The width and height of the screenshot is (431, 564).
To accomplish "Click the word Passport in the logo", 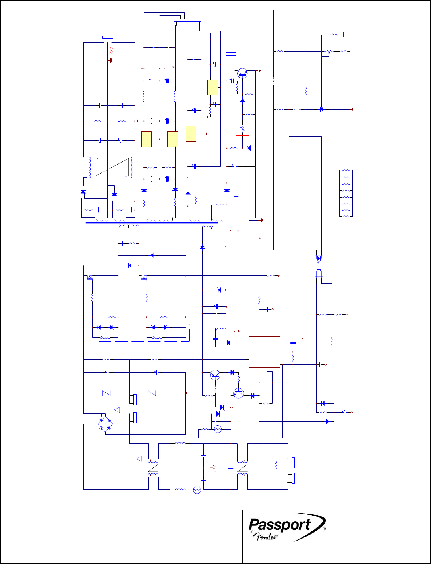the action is pos(280,525).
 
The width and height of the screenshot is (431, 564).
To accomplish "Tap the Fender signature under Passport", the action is pos(265,537).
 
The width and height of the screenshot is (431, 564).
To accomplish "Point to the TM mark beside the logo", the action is pos(324,529).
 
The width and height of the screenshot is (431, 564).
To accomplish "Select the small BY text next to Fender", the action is pos(252,531).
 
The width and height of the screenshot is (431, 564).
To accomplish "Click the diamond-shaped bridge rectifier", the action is pos(105,424).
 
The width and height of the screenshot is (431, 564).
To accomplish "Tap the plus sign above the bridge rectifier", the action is pos(101,415).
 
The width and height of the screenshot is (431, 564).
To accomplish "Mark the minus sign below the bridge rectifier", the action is pos(101,433).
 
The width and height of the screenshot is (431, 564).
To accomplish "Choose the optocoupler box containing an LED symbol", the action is pos(319,266).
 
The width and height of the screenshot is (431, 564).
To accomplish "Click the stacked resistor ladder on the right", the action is pos(346,193).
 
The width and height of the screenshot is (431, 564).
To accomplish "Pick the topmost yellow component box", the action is pos(213,87).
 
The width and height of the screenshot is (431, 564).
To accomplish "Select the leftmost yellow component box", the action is pos(147,139).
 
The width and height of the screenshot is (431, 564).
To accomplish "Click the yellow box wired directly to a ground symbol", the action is pos(191,134).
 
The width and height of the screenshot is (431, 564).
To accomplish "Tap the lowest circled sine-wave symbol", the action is pos(197,490).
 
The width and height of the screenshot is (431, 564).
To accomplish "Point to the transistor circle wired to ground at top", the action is pos(242,73).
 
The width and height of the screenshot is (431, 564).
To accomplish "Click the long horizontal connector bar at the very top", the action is pos(187,21).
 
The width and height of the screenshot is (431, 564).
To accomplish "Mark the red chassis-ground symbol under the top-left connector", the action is pos(111,50).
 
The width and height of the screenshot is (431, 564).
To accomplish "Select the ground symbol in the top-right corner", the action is pos(344,35).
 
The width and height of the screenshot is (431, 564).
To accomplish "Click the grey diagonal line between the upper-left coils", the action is pos(112,167).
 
